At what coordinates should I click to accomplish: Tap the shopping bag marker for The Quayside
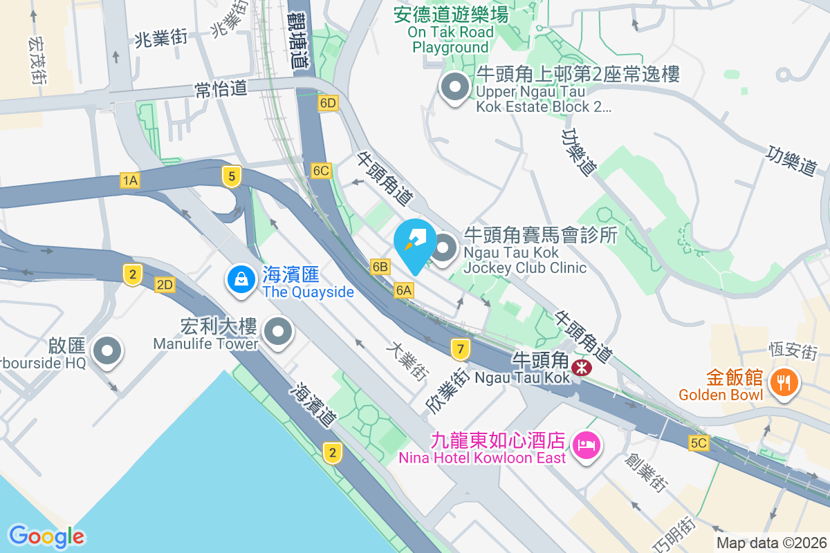[241, 280]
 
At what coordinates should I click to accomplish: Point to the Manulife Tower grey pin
[278, 332]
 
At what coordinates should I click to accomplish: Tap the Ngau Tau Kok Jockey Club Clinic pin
[444, 247]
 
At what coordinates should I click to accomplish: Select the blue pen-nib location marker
[415, 244]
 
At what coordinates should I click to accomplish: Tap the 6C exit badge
[321, 170]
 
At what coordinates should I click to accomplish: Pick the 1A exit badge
[130, 181]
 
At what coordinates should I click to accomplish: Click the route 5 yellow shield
[232, 176]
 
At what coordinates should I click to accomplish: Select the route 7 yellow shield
[460, 348]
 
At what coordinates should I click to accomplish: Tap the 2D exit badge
[165, 285]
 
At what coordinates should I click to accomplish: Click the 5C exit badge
[699, 443]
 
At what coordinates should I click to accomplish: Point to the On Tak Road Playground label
[451, 31]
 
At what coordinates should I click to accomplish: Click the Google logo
[46, 536]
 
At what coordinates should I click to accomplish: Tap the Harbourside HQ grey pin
[107, 350]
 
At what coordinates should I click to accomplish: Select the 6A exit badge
[404, 290]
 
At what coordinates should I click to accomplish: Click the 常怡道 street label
[221, 89]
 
